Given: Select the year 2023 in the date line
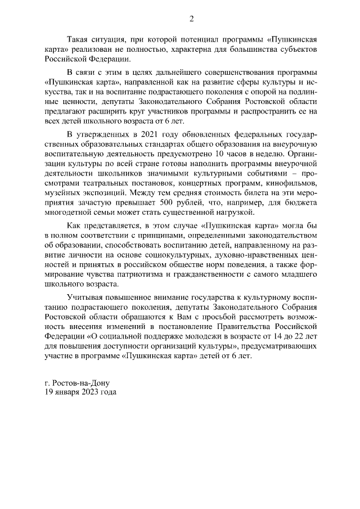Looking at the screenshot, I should pyautogui.click(x=93, y=392).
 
